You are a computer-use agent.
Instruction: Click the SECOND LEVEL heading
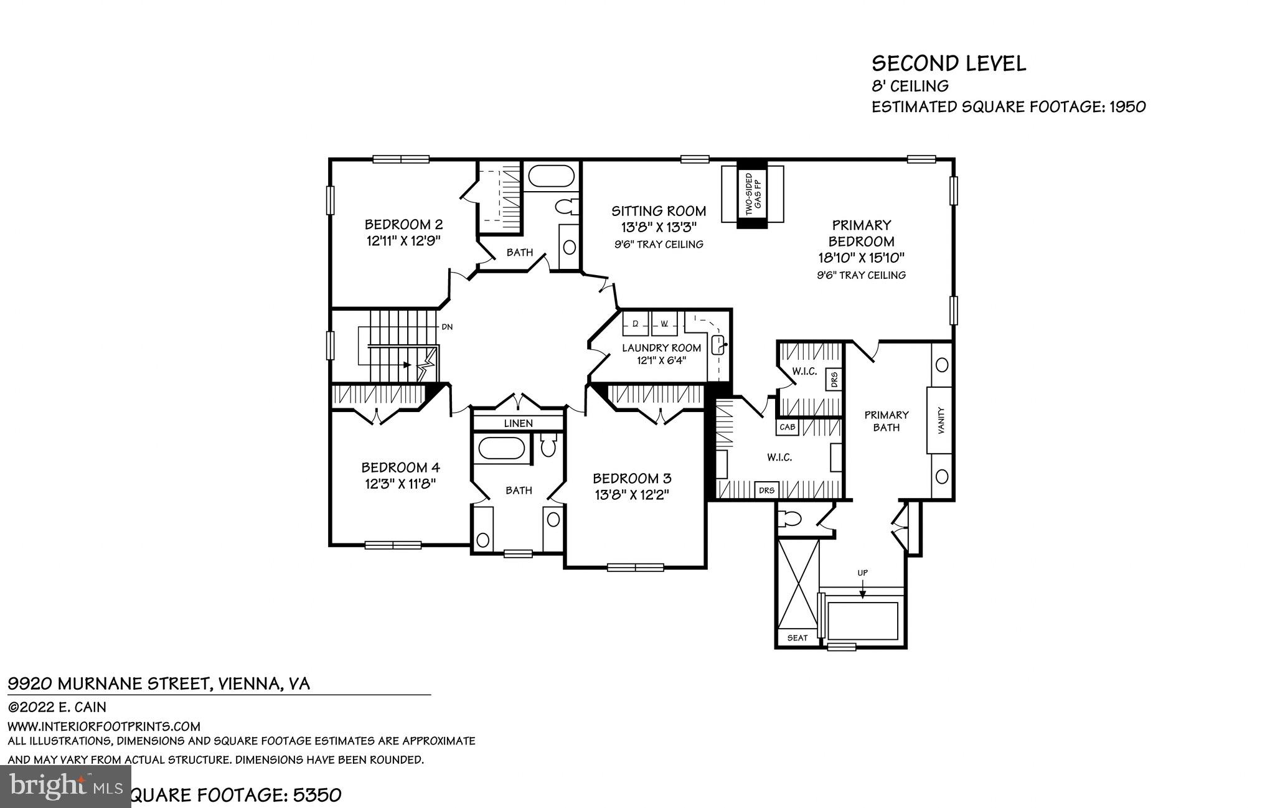pos(948,63)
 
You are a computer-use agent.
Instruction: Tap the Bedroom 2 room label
pos(403,224)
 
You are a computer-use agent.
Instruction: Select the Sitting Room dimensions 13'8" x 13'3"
pos(658,227)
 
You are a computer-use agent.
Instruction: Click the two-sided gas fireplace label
pos(753,194)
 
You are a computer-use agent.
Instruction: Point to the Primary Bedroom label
pos(861,233)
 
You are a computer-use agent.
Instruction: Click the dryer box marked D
pos(636,324)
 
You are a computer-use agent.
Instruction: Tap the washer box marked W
pos(664,324)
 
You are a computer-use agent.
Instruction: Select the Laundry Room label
pos(661,348)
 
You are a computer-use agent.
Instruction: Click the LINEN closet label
pos(518,423)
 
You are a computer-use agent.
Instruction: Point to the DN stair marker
pos(447,326)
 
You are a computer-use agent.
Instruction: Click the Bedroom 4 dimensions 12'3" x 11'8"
pos(400,483)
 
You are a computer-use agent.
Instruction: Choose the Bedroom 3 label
pos(631,478)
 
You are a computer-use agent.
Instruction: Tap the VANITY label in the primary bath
pos(941,420)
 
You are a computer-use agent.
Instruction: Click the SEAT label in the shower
pos(797,637)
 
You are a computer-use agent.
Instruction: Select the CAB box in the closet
pos(787,427)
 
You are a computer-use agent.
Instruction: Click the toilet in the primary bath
pos(792,519)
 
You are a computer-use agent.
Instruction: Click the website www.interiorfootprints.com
pos(104,726)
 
